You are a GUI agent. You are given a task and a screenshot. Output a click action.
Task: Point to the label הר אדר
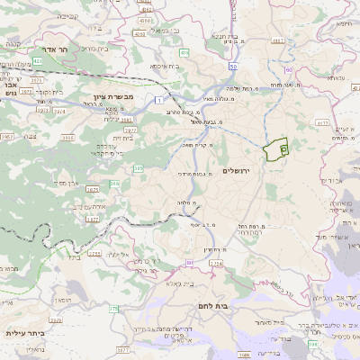[x=62, y=50]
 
